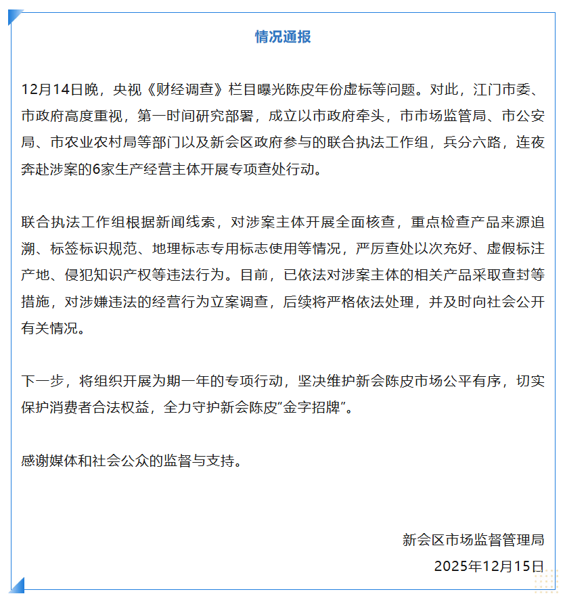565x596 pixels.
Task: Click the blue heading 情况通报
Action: pyautogui.click(x=282, y=37)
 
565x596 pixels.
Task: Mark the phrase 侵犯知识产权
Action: pyautogui.click(x=100, y=276)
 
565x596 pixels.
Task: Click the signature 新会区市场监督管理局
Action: pyautogui.click(x=473, y=539)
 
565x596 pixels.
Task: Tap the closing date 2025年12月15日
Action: pyautogui.click(x=489, y=566)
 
